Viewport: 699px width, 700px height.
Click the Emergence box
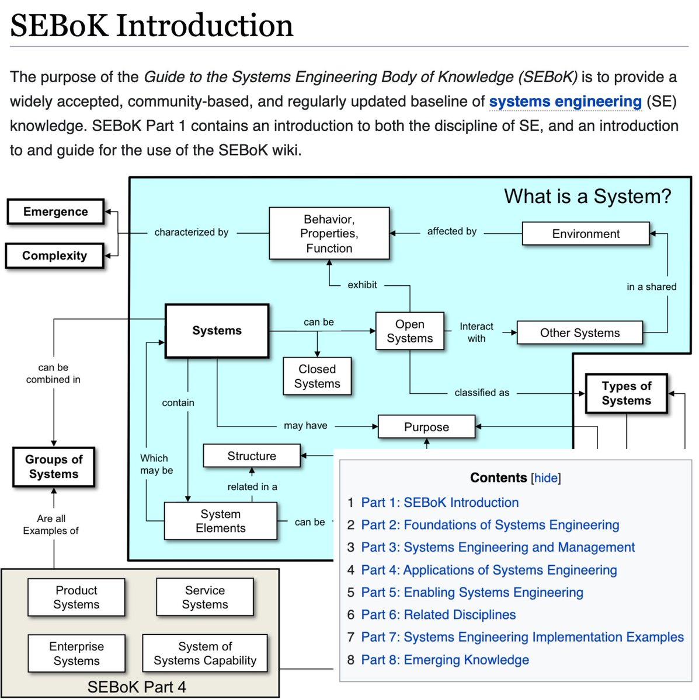point(55,212)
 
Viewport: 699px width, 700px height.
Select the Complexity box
point(54,256)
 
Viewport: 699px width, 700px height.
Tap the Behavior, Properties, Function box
point(329,233)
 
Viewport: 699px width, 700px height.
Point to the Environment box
point(586,234)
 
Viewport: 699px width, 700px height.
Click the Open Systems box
point(409,331)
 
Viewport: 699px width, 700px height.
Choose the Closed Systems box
point(317,376)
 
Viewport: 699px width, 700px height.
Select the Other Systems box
point(579,333)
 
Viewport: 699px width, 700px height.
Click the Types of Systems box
point(626,394)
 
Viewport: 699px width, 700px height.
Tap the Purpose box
point(426,427)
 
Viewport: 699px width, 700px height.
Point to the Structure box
point(252,456)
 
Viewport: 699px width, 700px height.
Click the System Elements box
point(220,521)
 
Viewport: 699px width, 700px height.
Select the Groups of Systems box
point(54,467)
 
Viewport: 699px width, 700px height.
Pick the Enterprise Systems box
point(76,653)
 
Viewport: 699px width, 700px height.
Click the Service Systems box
point(205,597)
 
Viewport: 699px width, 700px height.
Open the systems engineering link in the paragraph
point(565,101)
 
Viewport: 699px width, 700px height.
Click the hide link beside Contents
point(546,478)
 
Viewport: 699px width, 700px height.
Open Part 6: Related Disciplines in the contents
point(438,615)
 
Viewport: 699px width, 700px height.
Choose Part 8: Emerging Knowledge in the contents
point(444,660)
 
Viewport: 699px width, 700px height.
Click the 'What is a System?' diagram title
point(587,197)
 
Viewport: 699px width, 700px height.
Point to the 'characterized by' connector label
point(191,232)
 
